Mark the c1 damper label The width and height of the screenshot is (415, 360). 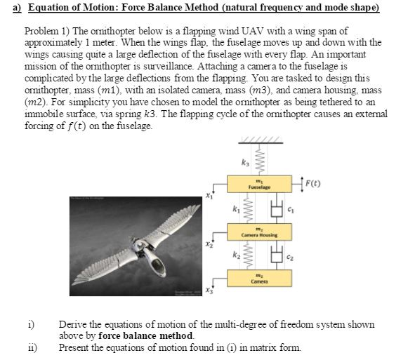coord(289,209)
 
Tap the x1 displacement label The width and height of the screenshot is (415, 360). coord(208,197)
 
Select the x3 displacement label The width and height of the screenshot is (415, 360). coord(208,291)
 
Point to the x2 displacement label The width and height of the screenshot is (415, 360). coord(208,244)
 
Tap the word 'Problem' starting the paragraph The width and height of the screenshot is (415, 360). coord(42,33)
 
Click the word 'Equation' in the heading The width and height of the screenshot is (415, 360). coord(39,8)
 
